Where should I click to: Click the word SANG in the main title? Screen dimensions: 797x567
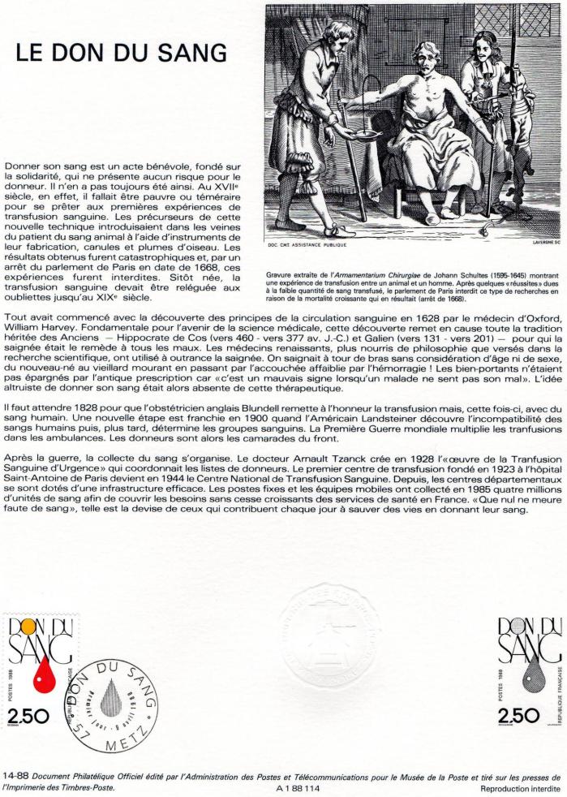click(x=188, y=53)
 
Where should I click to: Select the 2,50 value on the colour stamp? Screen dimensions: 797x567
click(x=28, y=715)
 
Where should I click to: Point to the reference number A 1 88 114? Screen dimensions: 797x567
click(x=299, y=787)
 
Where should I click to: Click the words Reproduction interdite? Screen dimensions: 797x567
click(x=520, y=787)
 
